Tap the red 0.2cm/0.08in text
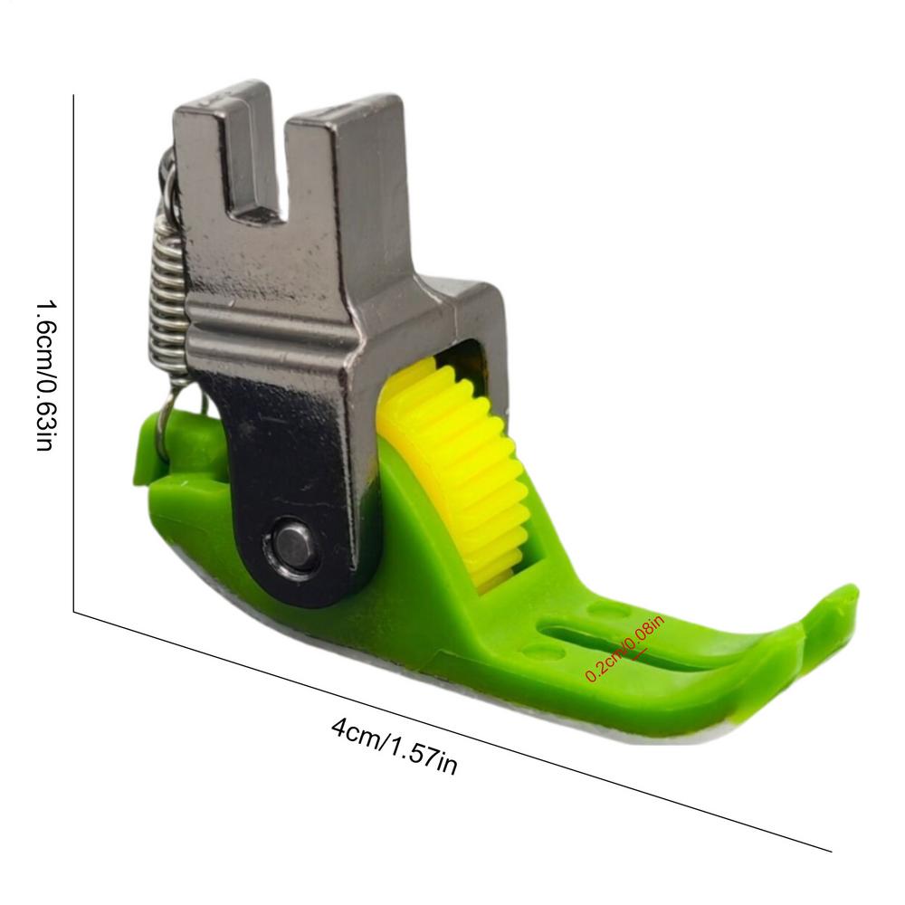click(x=624, y=647)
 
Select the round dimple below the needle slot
click(x=541, y=651)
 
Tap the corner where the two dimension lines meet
click(x=73, y=613)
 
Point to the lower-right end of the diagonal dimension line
click(x=831, y=851)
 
